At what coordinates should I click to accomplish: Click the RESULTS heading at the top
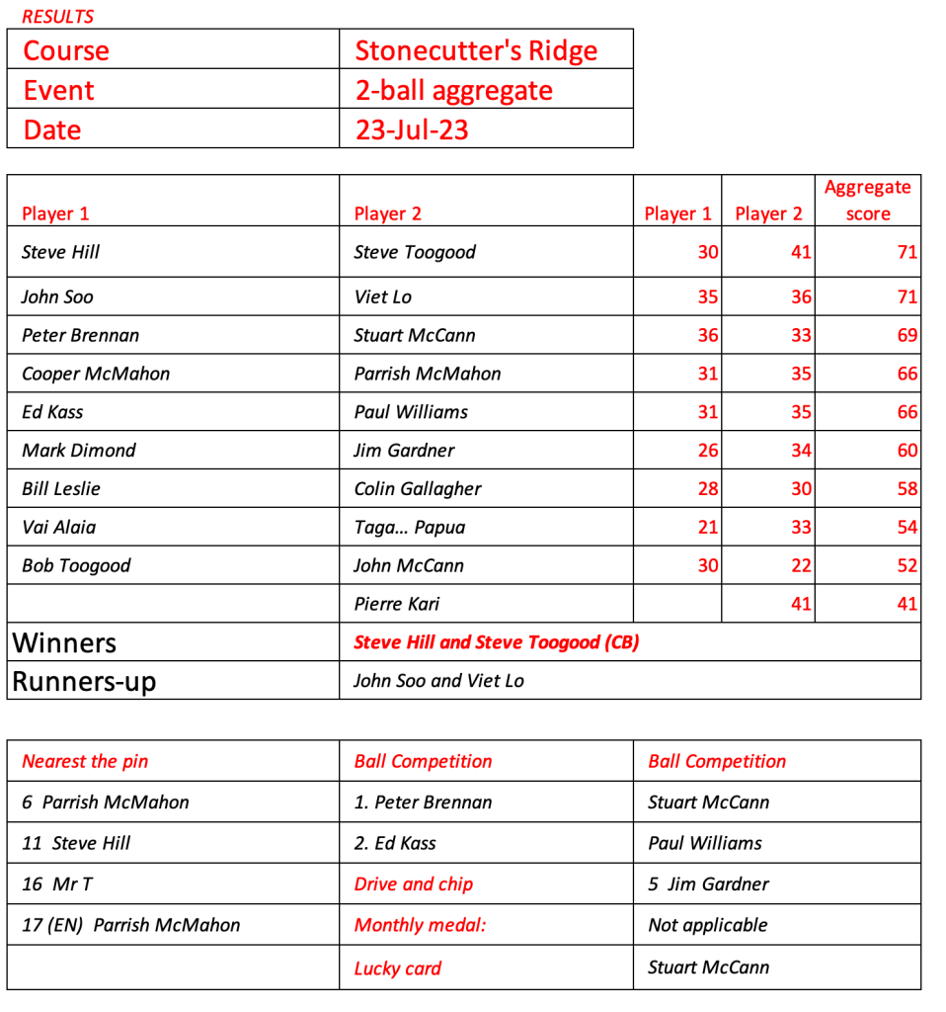click(58, 17)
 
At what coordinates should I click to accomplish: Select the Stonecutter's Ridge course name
click(476, 50)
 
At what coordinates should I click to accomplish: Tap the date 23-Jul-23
click(412, 129)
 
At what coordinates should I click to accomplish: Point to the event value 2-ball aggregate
click(453, 91)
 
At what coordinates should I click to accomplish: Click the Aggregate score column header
click(868, 201)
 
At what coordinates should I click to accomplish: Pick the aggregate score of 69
click(907, 335)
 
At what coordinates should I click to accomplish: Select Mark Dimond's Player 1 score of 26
click(707, 451)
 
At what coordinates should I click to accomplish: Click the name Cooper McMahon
click(96, 374)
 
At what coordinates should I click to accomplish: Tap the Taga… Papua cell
click(409, 527)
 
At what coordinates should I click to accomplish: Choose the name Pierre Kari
click(396, 604)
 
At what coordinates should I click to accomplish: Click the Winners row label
click(64, 643)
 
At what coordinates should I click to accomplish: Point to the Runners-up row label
click(84, 682)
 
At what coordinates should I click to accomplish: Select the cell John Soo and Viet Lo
click(438, 681)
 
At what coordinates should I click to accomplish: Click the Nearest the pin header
click(85, 761)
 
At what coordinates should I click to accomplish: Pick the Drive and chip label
click(413, 885)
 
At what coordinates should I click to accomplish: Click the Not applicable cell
click(707, 926)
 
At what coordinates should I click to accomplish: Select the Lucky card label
click(397, 969)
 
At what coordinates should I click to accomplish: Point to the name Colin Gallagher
click(418, 489)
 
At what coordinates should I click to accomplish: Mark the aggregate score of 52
click(907, 566)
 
